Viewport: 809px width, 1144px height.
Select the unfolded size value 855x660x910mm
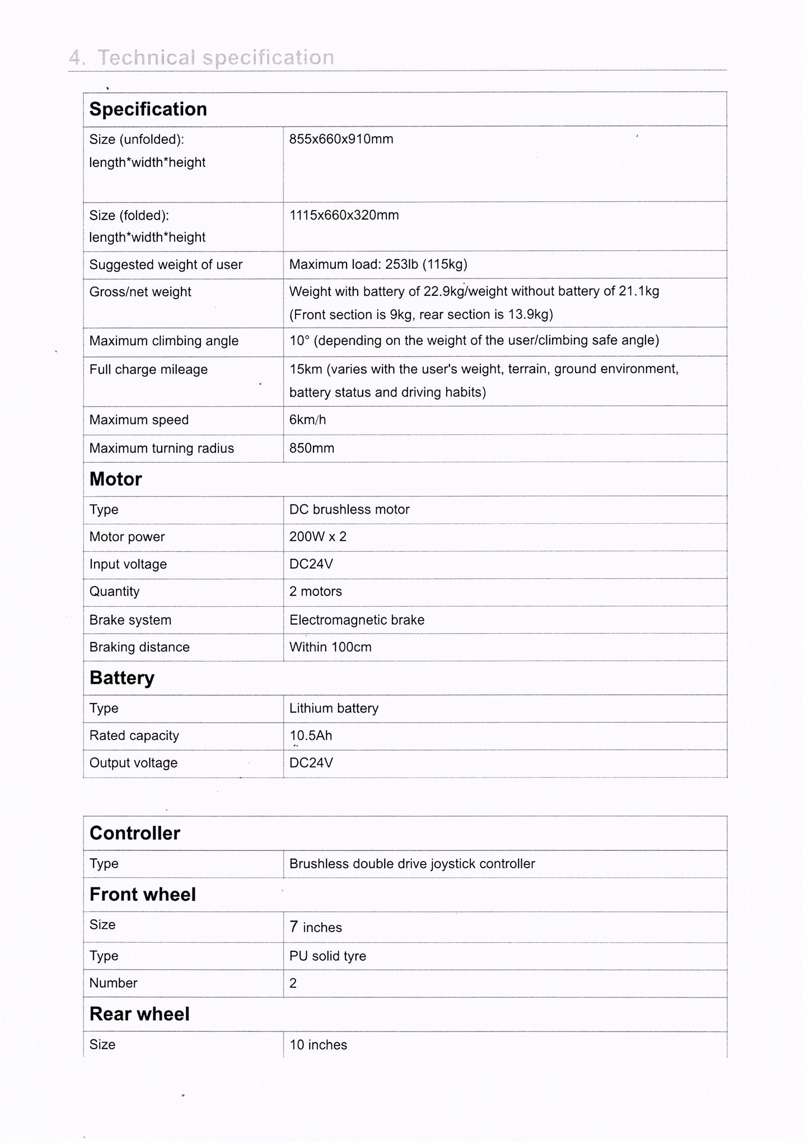341,139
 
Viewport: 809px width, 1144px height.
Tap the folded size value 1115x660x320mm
344,215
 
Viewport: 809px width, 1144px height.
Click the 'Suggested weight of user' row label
166,264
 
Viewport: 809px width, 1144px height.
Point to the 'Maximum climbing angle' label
163,341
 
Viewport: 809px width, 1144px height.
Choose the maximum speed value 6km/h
307,420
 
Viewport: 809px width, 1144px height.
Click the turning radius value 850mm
311,448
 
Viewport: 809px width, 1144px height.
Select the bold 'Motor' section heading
115,479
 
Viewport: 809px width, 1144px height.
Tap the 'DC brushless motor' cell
349,509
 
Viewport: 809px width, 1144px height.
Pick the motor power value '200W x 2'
317,537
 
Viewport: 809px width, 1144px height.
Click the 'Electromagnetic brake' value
357,620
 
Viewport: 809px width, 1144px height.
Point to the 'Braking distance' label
139,647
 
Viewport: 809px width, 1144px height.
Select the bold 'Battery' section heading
121,678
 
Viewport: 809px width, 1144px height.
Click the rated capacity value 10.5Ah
311,736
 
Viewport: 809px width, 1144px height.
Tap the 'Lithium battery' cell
334,708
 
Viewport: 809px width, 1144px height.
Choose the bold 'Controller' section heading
134,833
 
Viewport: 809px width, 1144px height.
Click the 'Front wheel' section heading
142,894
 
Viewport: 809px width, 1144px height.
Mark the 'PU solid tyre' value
328,956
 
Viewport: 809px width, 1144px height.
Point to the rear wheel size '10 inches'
318,1045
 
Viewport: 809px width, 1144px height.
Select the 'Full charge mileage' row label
148,369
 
